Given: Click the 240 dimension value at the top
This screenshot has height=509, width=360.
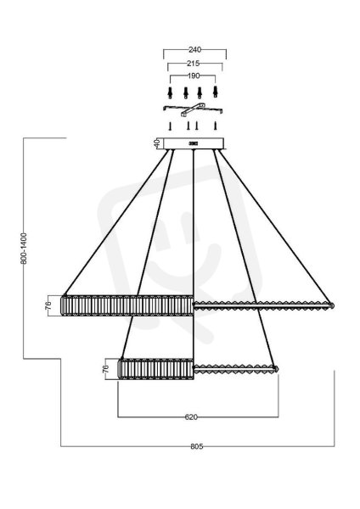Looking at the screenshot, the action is pyautogui.click(x=194, y=50).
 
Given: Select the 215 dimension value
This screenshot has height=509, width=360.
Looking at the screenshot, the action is pyautogui.click(x=194, y=64).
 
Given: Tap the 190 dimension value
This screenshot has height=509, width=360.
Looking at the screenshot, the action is pyautogui.click(x=194, y=76).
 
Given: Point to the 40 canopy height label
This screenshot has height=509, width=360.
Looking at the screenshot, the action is pyautogui.click(x=157, y=143).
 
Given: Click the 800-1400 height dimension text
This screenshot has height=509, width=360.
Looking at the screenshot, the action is pyautogui.click(x=24, y=249).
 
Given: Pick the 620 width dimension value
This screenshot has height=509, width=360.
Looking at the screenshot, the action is pyautogui.click(x=191, y=417).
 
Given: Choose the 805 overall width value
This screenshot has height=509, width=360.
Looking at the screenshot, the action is pyautogui.click(x=197, y=447).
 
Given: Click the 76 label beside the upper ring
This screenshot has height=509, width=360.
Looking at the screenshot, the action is pyautogui.click(x=48, y=305).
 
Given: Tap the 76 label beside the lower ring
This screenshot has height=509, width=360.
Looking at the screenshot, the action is pyautogui.click(x=105, y=369).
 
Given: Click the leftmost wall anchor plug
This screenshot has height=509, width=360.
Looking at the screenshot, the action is pyautogui.click(x=170, y=92).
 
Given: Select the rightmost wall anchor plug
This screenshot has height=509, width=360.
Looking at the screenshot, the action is pyautogui.click(x=215, y=92).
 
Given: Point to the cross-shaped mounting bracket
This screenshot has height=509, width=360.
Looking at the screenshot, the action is pyautogui.click(x=193, y=109).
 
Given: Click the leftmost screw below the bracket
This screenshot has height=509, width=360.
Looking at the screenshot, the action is pyautogui.click(x=170, y=126).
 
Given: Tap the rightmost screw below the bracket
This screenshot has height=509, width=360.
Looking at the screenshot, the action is pyautogui.click(x=215, y=126).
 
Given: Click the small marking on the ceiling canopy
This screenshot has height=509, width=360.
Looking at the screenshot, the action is pyautogui.click(x=194, y=143).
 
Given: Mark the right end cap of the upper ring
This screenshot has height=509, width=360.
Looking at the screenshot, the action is pyautogui.click(x=332, y=305).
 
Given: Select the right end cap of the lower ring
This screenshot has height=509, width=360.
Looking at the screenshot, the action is pyautogui.click(x=276, y=369).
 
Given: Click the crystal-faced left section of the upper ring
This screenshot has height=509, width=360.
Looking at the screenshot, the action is pyautogui.click(x=127, y=305).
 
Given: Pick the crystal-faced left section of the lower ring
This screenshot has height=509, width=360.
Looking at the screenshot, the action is pyautogui.click(x=156, y=369).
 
